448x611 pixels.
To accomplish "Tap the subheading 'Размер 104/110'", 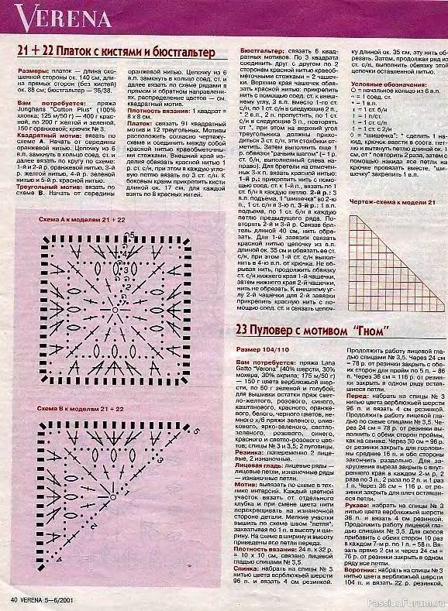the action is pyautogui.click(x=259, y=328).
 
